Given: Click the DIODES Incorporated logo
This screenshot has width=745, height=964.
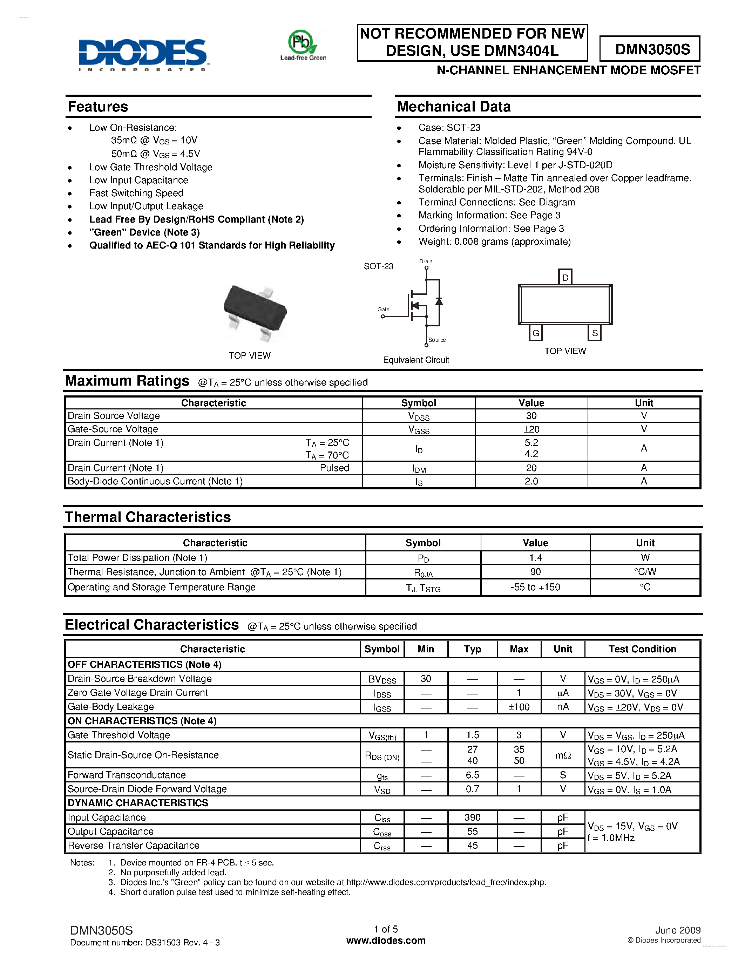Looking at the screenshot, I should (x=143, y=54).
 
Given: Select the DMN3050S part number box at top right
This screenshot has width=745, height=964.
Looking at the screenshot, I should (x=650, y=49).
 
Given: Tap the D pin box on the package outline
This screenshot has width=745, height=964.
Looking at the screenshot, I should (x=565, y=277).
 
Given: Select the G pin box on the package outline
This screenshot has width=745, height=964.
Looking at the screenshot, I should (x=535, y=333).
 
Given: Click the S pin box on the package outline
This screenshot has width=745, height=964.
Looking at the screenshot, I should (x=595, y=333).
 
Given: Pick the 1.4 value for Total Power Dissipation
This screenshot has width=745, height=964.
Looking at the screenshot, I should (x=535, y=557).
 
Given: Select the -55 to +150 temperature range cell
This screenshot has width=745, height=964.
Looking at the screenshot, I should (x=535, y=587).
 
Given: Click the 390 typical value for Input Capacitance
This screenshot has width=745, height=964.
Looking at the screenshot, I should (x=472, y=817).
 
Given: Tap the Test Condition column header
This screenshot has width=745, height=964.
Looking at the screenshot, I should (x=642, y=649).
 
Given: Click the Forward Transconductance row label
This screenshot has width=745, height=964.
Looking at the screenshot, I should (x=127, y=775).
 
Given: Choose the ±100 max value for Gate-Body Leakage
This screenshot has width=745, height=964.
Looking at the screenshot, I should (x=519, y=707).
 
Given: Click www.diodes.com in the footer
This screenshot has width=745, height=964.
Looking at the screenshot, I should (x=386, y=941).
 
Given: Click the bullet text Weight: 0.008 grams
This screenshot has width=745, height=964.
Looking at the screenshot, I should (x=494, y=242).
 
